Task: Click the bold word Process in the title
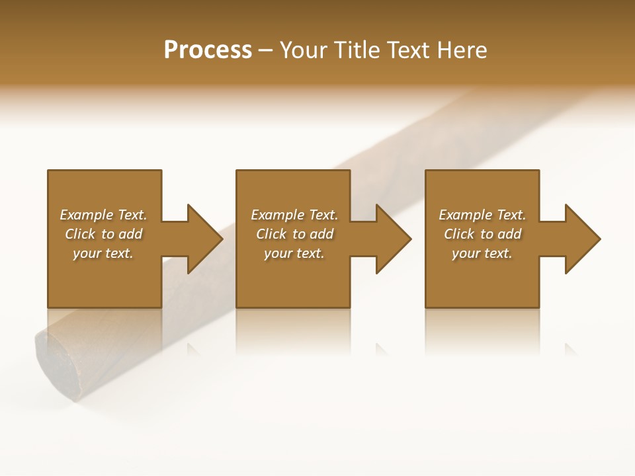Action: tap(208, 50)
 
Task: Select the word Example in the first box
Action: tap(86, 215)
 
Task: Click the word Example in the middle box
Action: tap(277, 215)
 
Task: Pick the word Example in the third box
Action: tap(465, 215)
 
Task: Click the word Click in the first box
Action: tap(80, 234)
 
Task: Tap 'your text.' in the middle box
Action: tap(294, 254)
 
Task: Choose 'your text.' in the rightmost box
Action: tap(482, 254)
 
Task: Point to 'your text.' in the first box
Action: tap(103, 254)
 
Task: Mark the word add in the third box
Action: tap(508, 234)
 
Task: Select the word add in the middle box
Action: tap(320, 234)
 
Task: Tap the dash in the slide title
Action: tap(265, 50)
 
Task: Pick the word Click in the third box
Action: tap(459, 234)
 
